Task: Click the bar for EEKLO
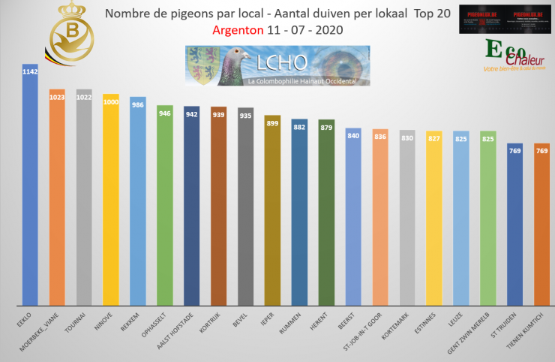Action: (x=30, y=188)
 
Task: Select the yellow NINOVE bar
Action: (x=111, y=203)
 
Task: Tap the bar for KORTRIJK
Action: (x=218, y=210)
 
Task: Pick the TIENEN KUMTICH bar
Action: (x=541, y=225)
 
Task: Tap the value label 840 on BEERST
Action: (x=353, y=136)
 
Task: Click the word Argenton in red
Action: (x=237, y=32)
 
